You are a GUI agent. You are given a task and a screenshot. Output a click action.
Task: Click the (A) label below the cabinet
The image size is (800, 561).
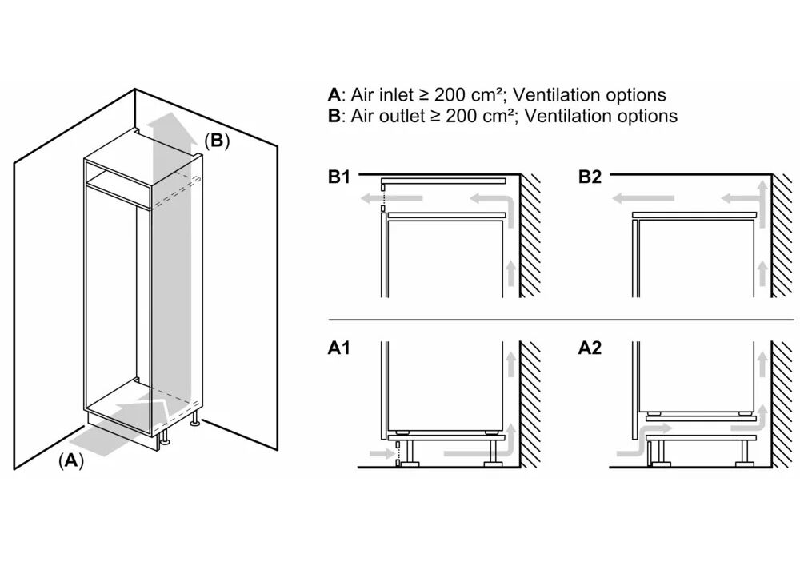(x=70, y=460)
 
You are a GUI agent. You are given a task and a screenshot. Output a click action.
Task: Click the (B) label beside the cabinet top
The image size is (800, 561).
(x=216, y=141)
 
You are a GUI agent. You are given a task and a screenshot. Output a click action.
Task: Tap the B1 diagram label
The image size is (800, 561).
(x=339, y=177)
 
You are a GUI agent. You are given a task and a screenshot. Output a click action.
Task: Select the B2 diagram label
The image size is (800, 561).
(x=590, y=177)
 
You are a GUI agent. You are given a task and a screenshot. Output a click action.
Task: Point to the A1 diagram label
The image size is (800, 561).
(x=339, y=348)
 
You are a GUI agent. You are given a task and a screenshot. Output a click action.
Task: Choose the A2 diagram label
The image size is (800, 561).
(x=590, y=348)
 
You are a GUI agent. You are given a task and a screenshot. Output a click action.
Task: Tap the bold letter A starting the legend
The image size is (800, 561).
(x=334, y=95)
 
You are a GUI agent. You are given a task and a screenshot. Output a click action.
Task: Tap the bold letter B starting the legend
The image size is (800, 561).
(x=334, y=116)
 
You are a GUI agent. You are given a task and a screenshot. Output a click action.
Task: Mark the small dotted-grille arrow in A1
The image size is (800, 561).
(x=384, y=453)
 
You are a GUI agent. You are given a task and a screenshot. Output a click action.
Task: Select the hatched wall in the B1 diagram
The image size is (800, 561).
(x=530, y=232)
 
